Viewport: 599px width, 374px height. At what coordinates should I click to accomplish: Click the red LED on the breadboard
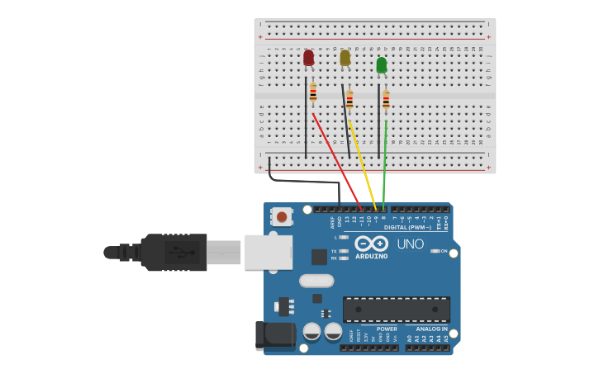tap(308, 58)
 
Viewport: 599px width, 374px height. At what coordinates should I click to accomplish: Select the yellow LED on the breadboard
tap(345, 58)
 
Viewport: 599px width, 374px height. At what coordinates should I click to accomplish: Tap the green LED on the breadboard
tap(381, 64)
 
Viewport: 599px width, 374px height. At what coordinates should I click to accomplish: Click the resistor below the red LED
tap(313, 94)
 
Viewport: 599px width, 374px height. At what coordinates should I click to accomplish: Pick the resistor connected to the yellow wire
tap(349, 100)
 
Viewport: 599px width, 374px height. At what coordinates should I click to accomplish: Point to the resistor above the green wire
tap(386, 100)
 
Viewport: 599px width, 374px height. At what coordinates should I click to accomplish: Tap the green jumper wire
tap(385, 165)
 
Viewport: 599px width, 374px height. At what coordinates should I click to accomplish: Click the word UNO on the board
tap(410, 244)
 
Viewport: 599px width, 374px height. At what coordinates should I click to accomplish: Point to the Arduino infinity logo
tap(371, 244)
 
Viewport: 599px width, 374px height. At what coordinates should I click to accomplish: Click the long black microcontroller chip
tap(396, 310)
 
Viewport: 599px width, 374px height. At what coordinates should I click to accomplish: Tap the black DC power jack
tap(275, 334)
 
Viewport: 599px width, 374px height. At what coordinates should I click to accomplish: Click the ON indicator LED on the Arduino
tap(435, 251)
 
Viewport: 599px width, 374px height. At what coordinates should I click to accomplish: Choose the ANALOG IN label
tap(431, 329)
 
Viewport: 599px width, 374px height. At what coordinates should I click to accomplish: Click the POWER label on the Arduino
tap(387, 329)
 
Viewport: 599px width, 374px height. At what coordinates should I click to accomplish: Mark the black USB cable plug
tap(174, 252)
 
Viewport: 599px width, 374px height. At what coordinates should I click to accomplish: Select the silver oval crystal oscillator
tap(316, 281)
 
